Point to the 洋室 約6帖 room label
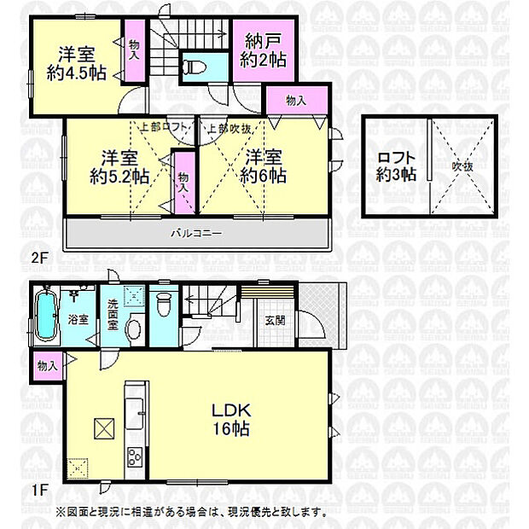click(262, 166)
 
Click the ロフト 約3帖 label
click(396, 165)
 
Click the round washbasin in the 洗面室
click(133, 328)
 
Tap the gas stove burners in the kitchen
click(137, 456)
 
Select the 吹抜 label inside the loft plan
click(461, 165)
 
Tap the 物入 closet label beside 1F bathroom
click(47, 366)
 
